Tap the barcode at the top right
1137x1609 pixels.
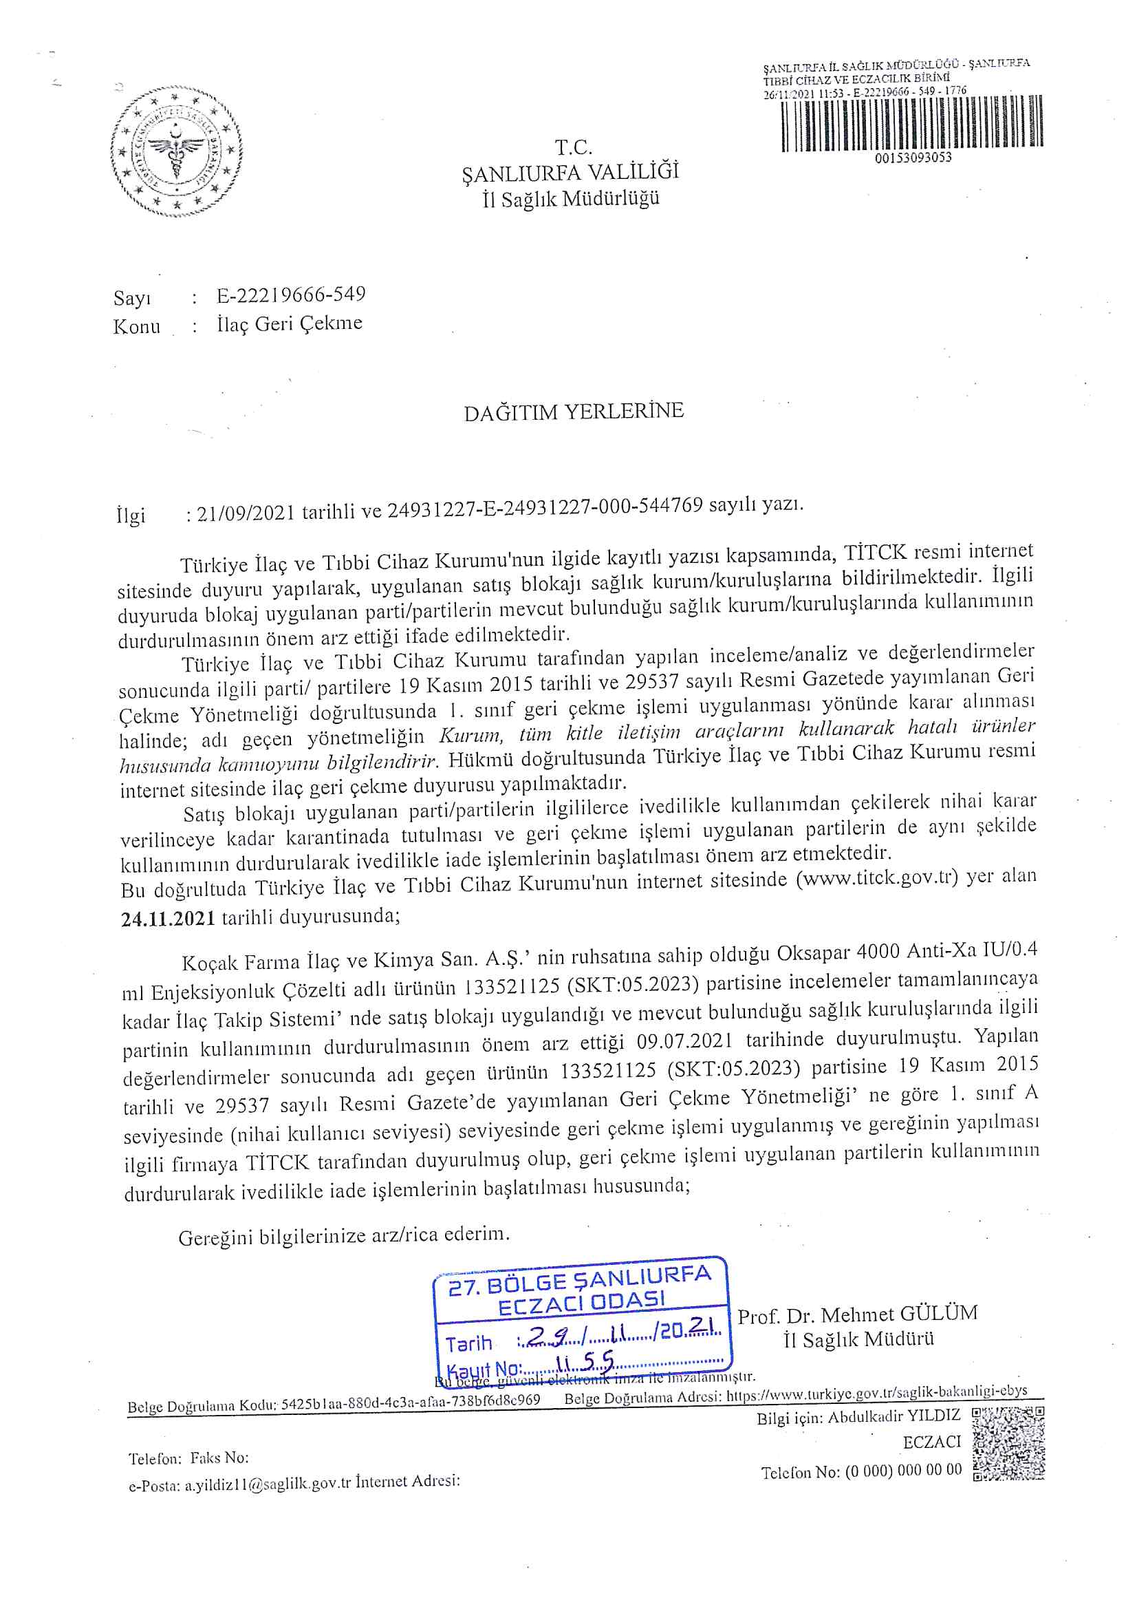[911, 124]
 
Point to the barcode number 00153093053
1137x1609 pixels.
[913, 158]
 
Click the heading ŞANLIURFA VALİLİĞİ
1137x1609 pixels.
[570, 172]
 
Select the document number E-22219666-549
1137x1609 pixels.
[291, 295]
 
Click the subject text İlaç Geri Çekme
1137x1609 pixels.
[290, 323]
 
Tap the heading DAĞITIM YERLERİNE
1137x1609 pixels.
[573, 412]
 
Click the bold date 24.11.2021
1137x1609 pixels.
[168, 918]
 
